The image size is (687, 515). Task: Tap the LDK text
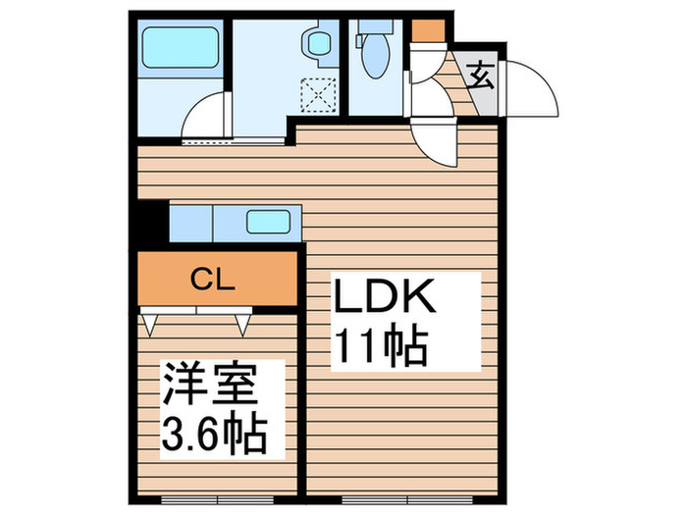coord(385,295)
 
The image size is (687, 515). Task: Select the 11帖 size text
coord(381,346)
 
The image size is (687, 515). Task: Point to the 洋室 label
coord(210,384)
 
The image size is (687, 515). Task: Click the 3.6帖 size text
coord(215,433)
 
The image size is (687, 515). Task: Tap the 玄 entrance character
coord(480,77)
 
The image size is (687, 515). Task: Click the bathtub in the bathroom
coord(180,47)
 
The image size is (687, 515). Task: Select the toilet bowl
coord(376,56)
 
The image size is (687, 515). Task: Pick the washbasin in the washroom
coord(318,43)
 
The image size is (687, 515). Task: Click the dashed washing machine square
coord(319,94)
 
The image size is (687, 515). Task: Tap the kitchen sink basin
coord(268,222)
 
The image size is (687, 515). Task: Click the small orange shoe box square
coord(428,29)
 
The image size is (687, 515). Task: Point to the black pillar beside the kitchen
coord(153,221)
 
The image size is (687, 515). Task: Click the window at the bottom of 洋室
coord(217,499)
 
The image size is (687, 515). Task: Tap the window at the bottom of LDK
coord(407,499)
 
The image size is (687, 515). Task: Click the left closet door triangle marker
coord(149,325)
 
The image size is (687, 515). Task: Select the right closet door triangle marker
coord(242,325)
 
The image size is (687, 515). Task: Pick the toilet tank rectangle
coord(376,26)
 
